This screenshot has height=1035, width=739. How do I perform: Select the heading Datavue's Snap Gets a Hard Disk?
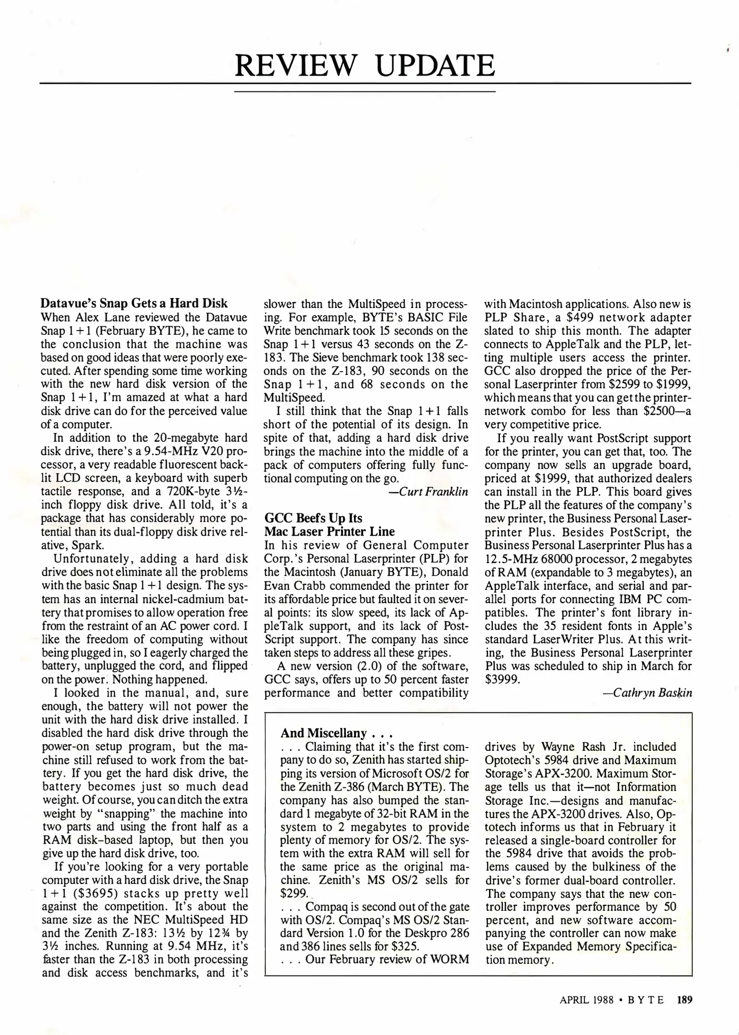coord(134,303)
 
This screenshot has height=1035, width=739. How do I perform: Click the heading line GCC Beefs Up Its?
coord(313,518)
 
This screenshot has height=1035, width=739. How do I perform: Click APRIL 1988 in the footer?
coord(586,1000)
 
